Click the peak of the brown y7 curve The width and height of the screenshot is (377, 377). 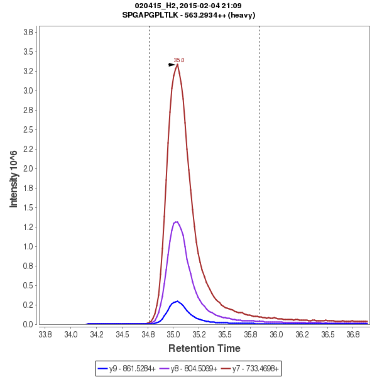click(178, 64)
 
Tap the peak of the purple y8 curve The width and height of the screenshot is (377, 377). click(177, 222)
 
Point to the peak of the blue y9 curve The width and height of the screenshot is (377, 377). click(178, 301)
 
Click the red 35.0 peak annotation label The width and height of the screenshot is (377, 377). click(179, 60)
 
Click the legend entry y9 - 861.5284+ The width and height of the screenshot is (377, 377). click(129, 368)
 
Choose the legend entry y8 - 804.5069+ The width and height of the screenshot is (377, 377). click(189, 368)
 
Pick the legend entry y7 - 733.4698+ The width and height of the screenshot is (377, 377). click(249, 368)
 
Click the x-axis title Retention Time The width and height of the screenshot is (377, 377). click(204, 348)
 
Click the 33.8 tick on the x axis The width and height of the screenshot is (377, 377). click(45, 335)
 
